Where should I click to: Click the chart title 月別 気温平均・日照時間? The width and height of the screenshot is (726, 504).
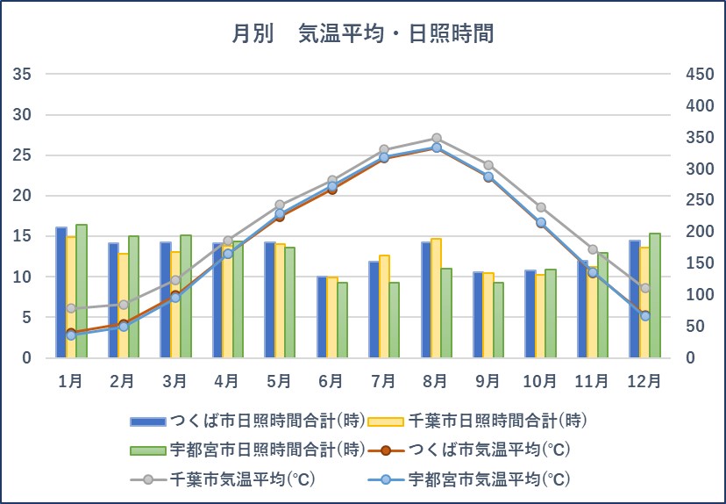362,34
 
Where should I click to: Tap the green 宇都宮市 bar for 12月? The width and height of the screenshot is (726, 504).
655,295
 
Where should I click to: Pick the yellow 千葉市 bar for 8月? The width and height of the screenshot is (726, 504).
437,299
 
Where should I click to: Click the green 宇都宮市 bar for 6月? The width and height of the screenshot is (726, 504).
342,320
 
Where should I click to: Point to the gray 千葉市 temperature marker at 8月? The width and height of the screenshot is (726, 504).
436,138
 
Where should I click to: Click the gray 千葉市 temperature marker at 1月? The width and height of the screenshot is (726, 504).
71,308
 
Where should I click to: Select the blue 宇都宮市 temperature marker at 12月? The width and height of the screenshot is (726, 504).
644,316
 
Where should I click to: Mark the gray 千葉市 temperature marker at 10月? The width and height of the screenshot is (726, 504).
540,207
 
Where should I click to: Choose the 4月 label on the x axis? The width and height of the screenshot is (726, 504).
226,381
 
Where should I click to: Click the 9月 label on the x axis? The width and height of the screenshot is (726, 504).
488,381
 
